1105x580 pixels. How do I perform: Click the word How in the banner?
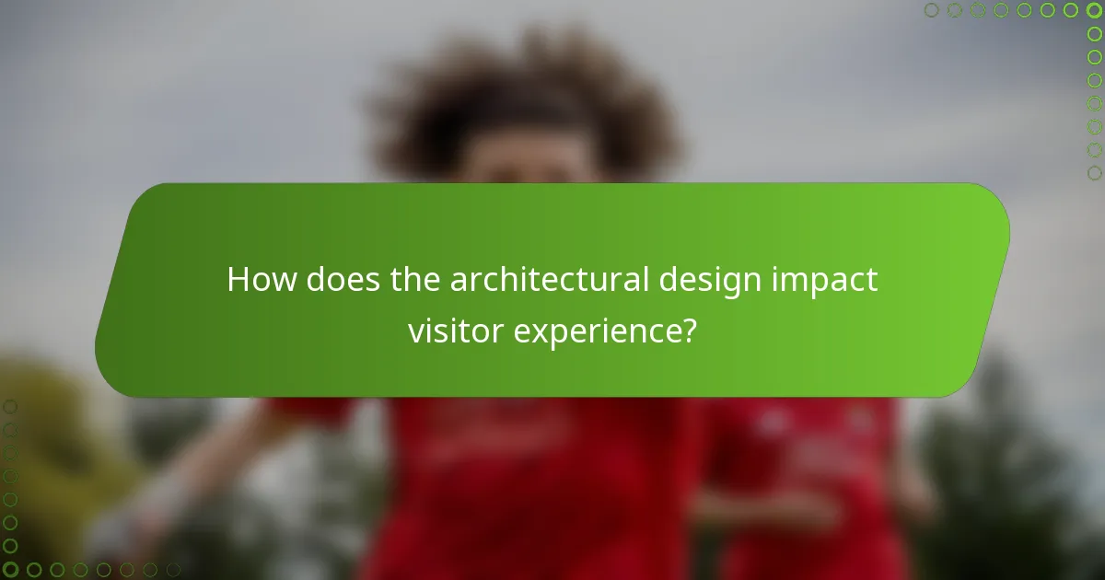pos(262,280)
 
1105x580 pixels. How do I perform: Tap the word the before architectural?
pos(416,280)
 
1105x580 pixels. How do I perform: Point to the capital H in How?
pos(239,280)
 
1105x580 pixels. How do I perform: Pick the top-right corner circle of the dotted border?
pos(1094,10)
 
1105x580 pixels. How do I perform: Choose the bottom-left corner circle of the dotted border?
pos(10,570)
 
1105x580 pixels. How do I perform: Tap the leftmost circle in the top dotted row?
pos(932,10)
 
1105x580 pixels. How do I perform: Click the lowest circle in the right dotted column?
pos(1094,172)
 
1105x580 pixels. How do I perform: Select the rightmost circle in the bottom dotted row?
pos(172,570)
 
